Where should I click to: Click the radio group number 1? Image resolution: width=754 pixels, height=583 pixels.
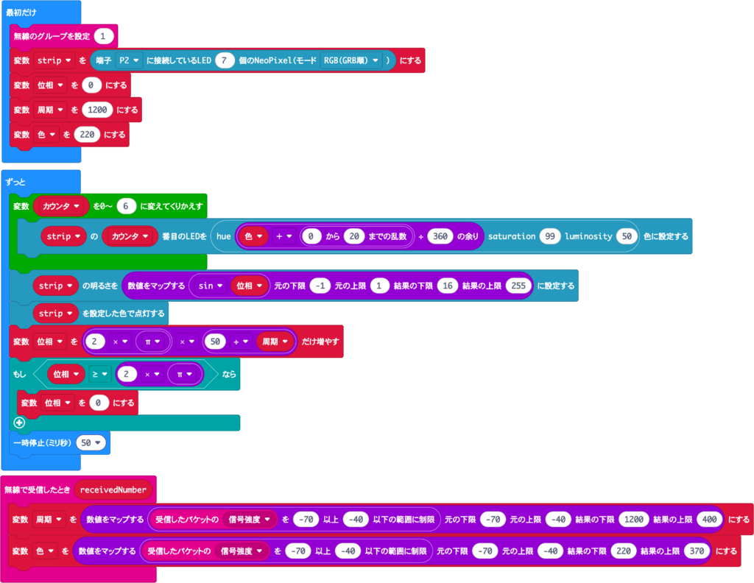pyautogui.click(x=104, y=35)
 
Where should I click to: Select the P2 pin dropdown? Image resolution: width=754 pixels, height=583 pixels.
pyautogui.click(x=128, y=60)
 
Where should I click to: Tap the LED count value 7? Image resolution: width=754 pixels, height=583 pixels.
pyautogui.click(x=225, y=60)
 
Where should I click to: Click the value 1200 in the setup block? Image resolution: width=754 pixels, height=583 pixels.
pyautogui.click(x=97, y=110)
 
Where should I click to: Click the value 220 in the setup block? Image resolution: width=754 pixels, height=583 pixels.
pyautogui.click(x=87, y=135)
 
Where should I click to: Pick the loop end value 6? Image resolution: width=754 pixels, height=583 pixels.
pyautogui.click(x=126, y=206)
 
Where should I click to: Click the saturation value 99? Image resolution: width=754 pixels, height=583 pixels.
pyautogui.click(x=549, y=236)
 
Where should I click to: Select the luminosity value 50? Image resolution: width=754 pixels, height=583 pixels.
pyautogui.click(x=626, y=236)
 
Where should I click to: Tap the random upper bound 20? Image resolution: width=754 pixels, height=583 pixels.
pyautogui.click(x=354, y=236)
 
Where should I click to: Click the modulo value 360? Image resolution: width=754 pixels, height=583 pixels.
pyautogui.click(x=439, y=236)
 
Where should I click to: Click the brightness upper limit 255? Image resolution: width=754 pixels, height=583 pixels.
pyautogui.click(x=518, y=286)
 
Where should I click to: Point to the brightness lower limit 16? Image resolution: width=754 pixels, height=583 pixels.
pyautogui.click(x=448, y=286)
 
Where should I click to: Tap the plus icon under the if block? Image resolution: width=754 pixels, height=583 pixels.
pyautogui.click(x=19, y=423)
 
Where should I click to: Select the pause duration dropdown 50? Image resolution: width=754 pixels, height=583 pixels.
pyautogui.click(x=91, y=442)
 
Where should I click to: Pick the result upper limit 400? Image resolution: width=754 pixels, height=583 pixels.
pyautogui.click(x=709, y=519)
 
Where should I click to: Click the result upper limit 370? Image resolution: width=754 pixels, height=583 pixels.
pyautogui.click(x=694, y=551)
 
